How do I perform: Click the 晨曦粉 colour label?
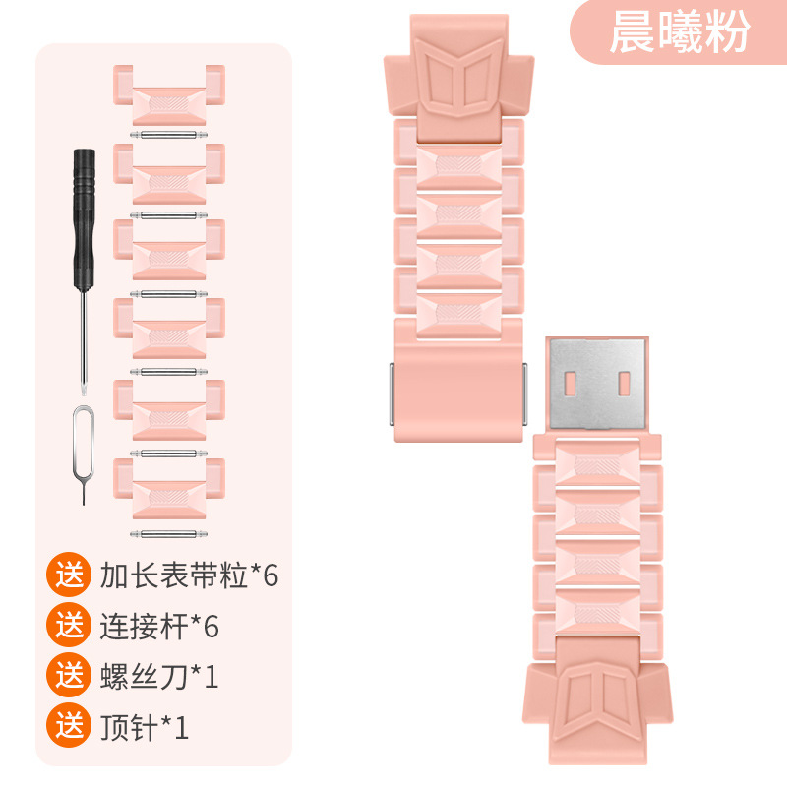pos(679,32)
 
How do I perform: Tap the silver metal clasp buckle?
pos(596,383)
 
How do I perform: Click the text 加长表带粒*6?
pos(190,575)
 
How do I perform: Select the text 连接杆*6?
pos(159,625)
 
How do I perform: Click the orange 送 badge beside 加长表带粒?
pos(69,575)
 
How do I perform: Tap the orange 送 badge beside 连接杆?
pos(69,625)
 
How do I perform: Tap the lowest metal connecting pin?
pos(169,531)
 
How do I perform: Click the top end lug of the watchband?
pos(458,79)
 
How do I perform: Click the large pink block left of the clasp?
pos(458,379)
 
